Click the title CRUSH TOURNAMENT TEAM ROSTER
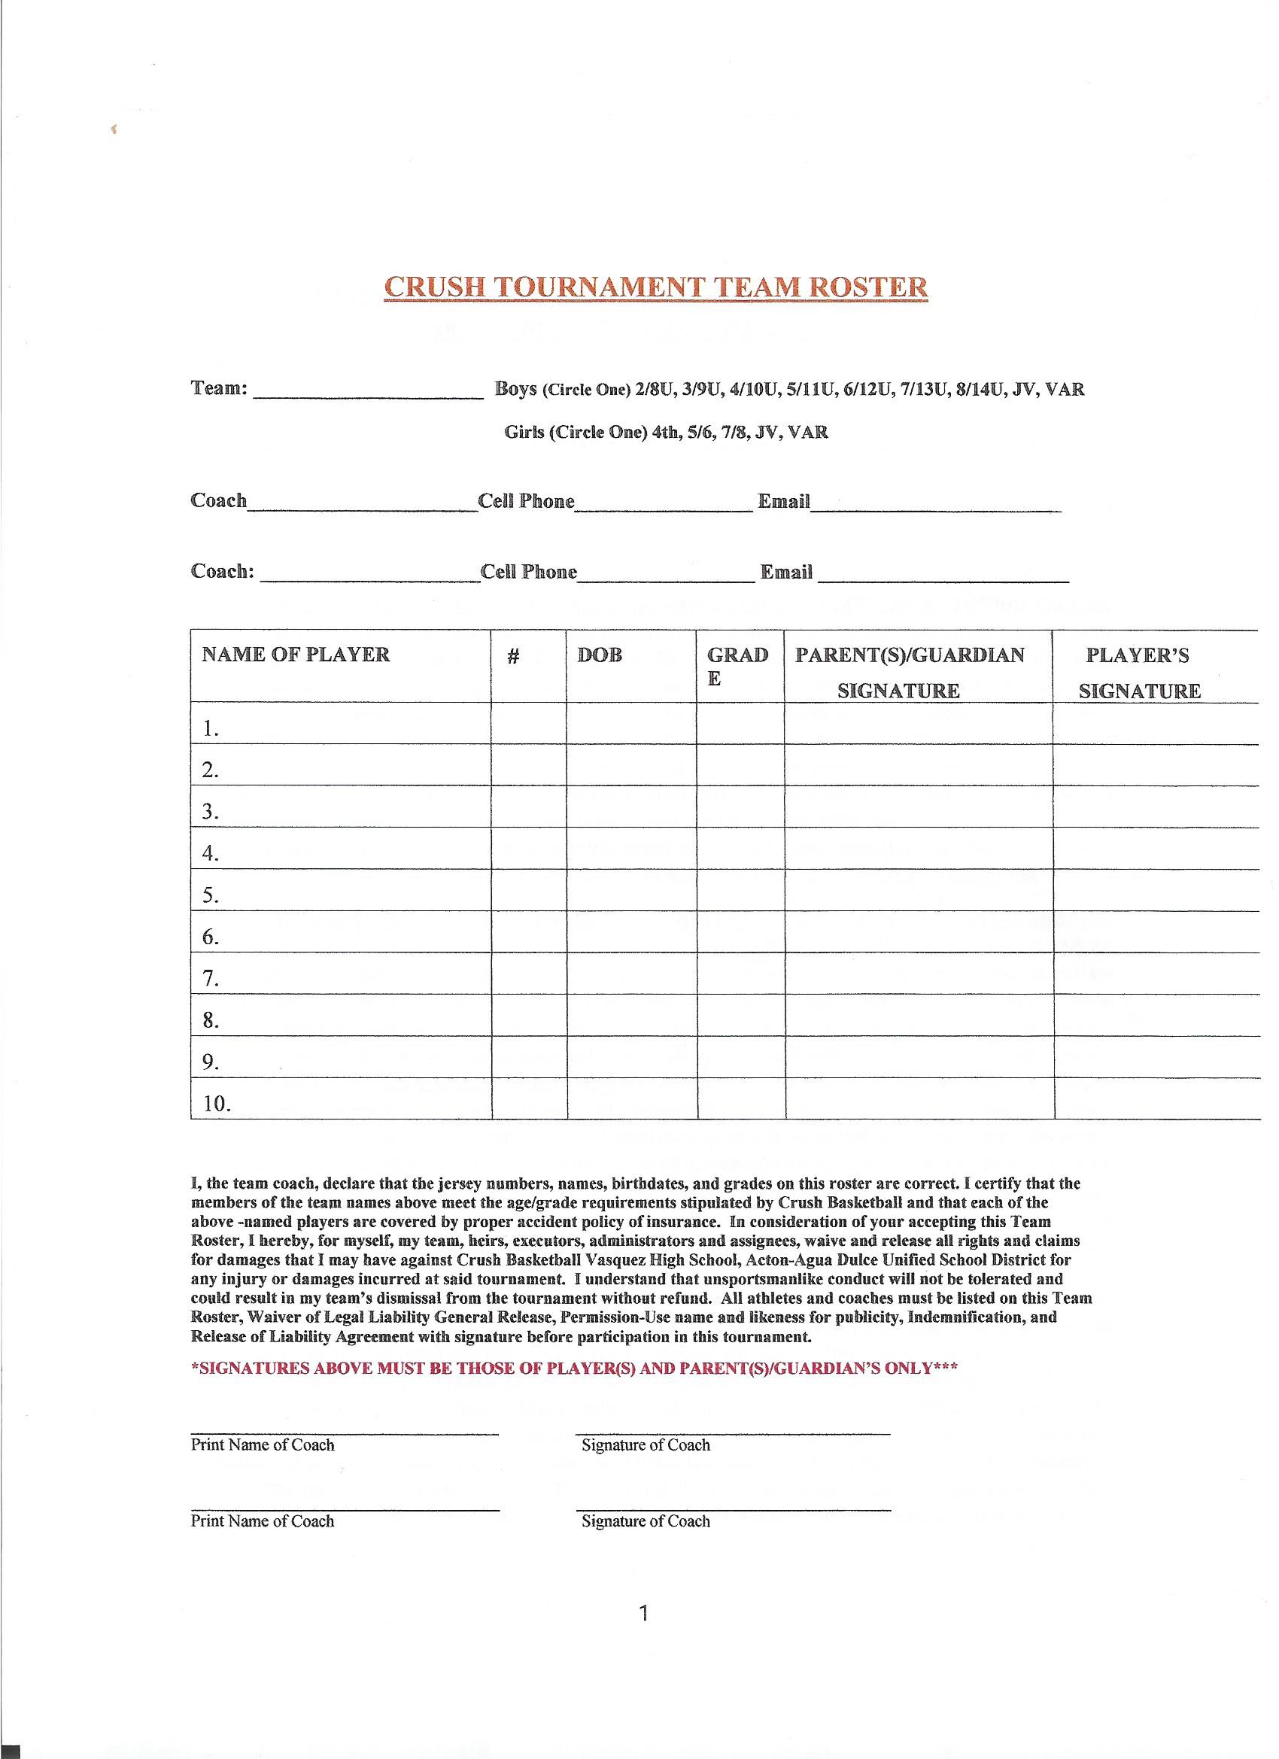pyautogui.click(x=655, y=286)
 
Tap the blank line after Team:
pyautogui.click(x=369, y=391)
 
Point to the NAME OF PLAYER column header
pyautogui.click(x=296, y=655)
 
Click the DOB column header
pyautogui.click(x=600, y=655)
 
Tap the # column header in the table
pyautogui.click(x=512, y=657)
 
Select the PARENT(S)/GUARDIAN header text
pyautogui.click(x=910, y=655)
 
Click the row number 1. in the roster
pyautogui.click(x=210, y=728)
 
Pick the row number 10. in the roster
pyautogui.click(x=217, y=1104)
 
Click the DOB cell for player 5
pyautogui.click(x=631, y=889)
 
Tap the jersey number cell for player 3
pyautogui.click(x=529, y=807)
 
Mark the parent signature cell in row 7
pyautogui.click(x=919, y=974)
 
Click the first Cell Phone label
pyautogui.click(x=527, y=501)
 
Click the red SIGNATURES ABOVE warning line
pyautogui.click(x=574, y=1368)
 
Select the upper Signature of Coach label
pyautogui.click(x=646, y=1445)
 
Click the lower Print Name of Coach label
pyautogui.click(x=262, y=1521)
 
